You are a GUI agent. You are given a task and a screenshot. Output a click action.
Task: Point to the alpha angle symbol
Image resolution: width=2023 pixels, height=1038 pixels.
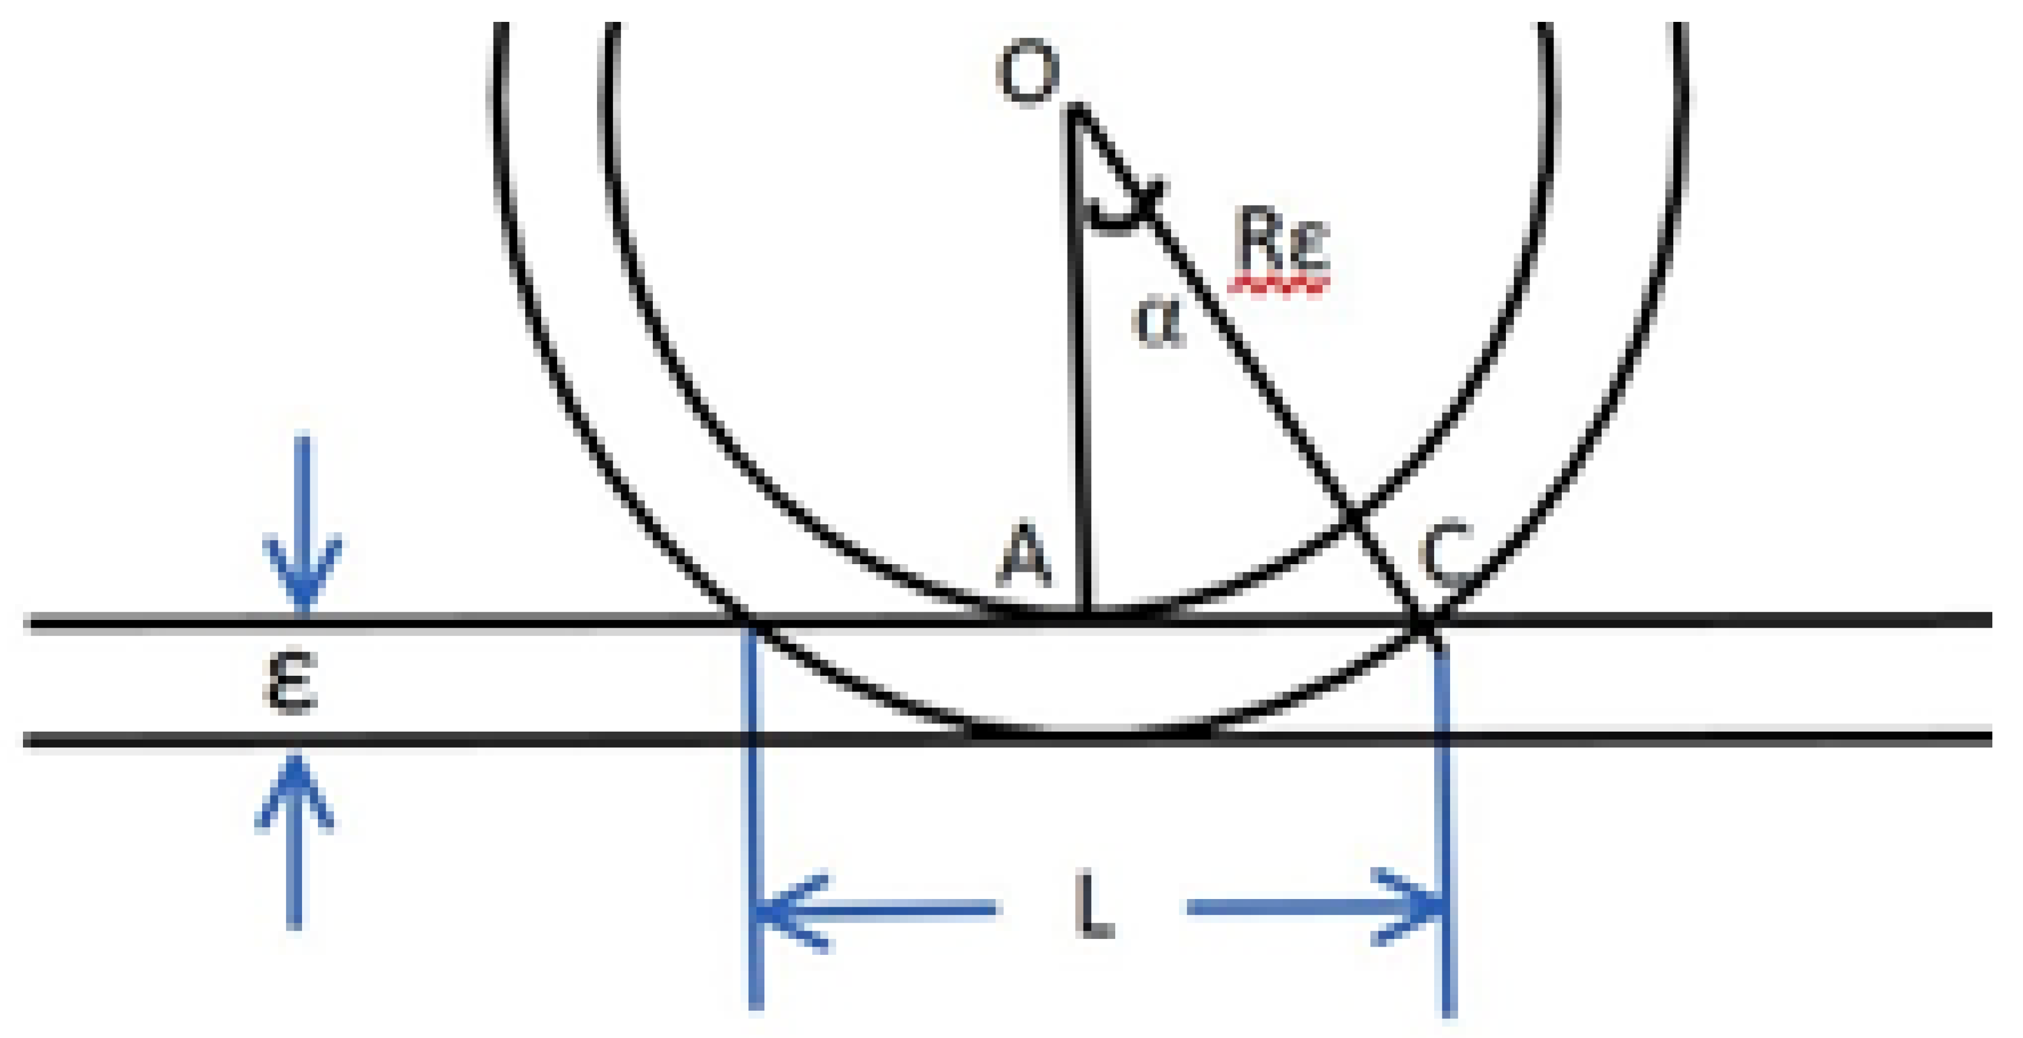pos(1159,324)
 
